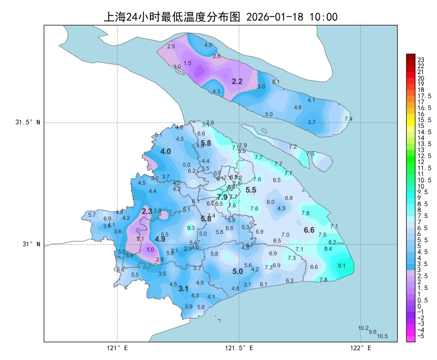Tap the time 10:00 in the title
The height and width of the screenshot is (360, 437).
click(323, 17)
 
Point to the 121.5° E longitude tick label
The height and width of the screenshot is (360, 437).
click(239, 348)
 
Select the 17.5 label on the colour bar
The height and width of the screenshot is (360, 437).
click(424, 96)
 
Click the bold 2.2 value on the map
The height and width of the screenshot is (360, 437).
click(237, 81)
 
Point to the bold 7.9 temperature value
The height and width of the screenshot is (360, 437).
click(223, 197)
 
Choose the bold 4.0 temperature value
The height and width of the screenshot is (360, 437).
click(165, 151)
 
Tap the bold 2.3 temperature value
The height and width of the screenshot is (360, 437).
click(147, 211)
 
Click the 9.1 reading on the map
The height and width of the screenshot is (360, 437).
click(342, 266)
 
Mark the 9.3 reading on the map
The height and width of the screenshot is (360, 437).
click(191, 228)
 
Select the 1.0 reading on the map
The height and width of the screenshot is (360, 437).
click(150, 250)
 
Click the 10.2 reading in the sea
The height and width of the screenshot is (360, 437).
click(363, 328)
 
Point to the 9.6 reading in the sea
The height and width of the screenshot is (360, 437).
click(373, 332)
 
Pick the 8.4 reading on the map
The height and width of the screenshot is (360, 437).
click(328, 249)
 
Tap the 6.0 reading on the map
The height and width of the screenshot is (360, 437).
click(270, 202)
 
